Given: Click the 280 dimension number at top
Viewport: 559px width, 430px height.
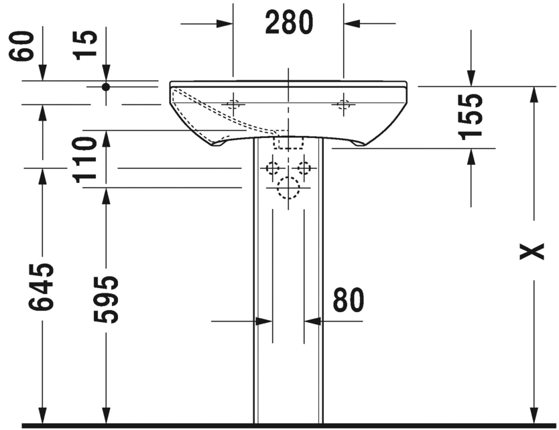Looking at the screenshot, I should pyautogui.click(x=289, y=23).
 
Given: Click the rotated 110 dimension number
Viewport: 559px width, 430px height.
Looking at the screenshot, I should pyautogui.click(x=86, y=159).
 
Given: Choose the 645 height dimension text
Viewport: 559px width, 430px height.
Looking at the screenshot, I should pyautogui.click(x=41, y=287).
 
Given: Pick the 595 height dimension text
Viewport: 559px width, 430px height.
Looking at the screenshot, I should pyautogui.click(x=105, y=299).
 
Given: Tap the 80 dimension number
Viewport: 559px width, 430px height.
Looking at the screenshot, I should pyautogui.click(x=348, y=301).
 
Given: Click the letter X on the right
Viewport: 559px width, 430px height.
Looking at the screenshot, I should pyautogui.click(x=534, y=252).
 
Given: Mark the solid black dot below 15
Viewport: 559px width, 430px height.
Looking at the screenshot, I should pyautogui.click(x=105, y=86).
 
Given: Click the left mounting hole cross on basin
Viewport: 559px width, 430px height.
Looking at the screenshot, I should pyautogui.click(x=233, y=104).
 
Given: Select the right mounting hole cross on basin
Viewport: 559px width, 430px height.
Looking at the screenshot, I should pyautogui.click(x=345, y=104).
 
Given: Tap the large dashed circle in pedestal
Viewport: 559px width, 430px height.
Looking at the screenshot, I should pyautogui.click(x=289, y=189).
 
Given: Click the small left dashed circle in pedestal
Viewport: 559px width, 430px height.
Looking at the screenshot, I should pyautogui.click(x=273, y=168).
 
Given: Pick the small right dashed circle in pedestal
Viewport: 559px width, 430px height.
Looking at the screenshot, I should pyautogui.click(x=305, y=168).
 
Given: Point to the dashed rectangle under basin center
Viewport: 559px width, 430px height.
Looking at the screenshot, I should pyautogui.click(x=289, y=141).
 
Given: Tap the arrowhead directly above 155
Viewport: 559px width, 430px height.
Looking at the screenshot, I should pyautogui.click(x=471, y=78).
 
